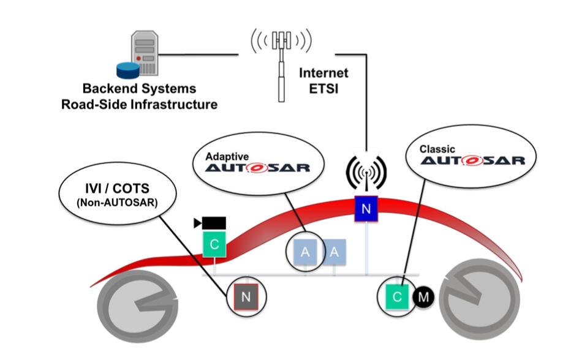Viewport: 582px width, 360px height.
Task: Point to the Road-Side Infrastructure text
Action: tap(139, 104)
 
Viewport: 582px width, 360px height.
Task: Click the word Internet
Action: tap(323, 73)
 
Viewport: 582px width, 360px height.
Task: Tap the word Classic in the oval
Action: tap(437, 148)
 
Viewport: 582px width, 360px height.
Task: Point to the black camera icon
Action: tap(210, 222)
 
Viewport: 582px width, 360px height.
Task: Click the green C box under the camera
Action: tap(214, 245)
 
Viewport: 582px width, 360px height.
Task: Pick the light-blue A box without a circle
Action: tap(334, 251)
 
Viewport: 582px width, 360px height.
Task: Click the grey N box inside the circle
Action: tap(246, 297)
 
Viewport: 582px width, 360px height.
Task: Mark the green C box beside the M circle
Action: tap(398, 297)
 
